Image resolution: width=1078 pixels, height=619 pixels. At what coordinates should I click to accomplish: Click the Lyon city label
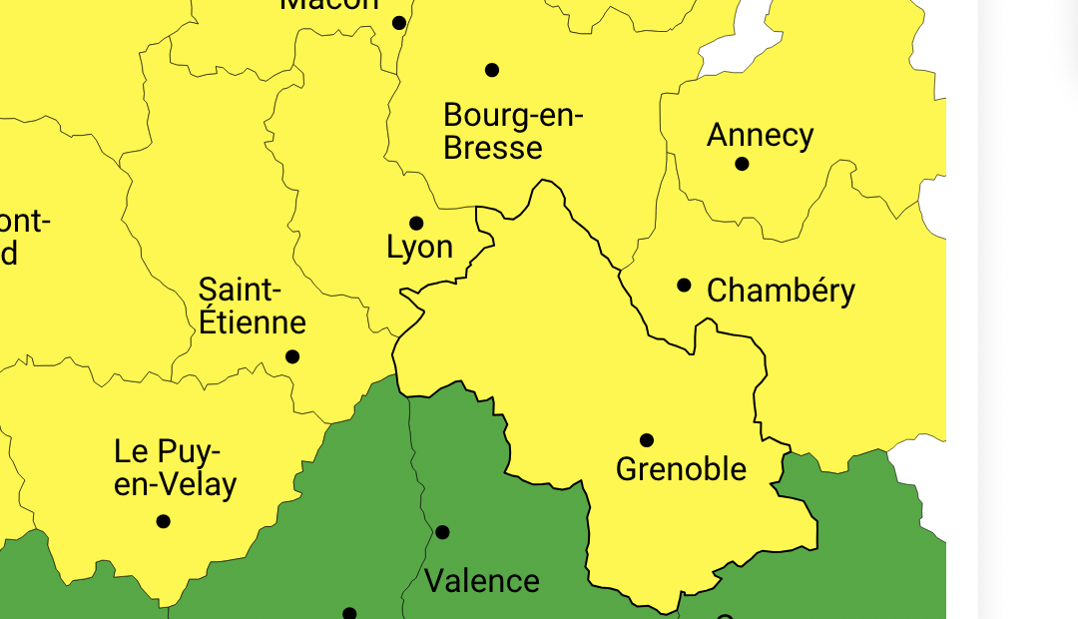(x=419, y=248)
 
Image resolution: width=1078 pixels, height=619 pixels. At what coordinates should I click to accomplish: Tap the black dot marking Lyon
(x=416, y=224)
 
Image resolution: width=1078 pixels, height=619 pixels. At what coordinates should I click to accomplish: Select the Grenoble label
(x=681, y=469)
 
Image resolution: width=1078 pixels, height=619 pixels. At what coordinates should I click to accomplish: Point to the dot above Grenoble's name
(x=647, y=440)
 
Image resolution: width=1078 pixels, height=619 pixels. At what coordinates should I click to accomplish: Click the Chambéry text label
(x=781, y=292)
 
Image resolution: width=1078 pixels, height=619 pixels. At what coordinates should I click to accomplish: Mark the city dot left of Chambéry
(x=684, y=286)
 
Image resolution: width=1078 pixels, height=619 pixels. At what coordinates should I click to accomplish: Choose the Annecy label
(x=760, y=135)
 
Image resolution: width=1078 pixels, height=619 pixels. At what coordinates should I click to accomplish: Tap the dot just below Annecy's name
(x=742, y=164)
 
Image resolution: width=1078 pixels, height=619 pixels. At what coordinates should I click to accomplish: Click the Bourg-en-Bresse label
(x=513, y=132)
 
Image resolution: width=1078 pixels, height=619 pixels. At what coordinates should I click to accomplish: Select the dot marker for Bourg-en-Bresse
(x=492, y=70)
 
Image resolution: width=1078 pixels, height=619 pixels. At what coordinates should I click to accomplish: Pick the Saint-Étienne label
(x=252, y=307)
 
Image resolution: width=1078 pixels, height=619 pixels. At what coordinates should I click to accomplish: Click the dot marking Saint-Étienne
(x=292, y=356)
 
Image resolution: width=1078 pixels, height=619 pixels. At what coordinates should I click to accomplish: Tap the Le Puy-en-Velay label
(x=176, y=468)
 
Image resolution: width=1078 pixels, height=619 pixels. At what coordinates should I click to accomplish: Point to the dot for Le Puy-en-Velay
(x=164, y=521)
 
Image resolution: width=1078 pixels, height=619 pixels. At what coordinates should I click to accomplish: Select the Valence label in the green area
(x=481, y=581)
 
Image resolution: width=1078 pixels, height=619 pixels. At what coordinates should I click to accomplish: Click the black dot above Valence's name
(x=443, y=532)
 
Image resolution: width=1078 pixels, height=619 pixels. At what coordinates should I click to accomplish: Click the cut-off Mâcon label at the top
(x=329, y=5)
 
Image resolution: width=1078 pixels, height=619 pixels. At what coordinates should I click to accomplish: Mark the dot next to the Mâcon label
(x=399, y=23)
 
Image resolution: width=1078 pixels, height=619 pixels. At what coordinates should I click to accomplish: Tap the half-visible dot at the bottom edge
(x=349, y=614)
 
